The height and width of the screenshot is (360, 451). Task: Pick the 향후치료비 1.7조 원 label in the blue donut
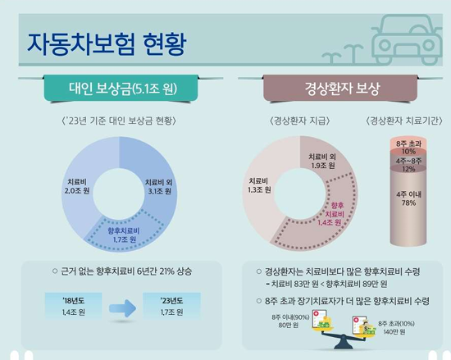[x=121, y=235]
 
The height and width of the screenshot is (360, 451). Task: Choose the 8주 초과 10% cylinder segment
[x=408, y=148]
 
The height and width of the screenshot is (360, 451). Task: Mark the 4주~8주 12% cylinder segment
[x=408, y=166]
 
